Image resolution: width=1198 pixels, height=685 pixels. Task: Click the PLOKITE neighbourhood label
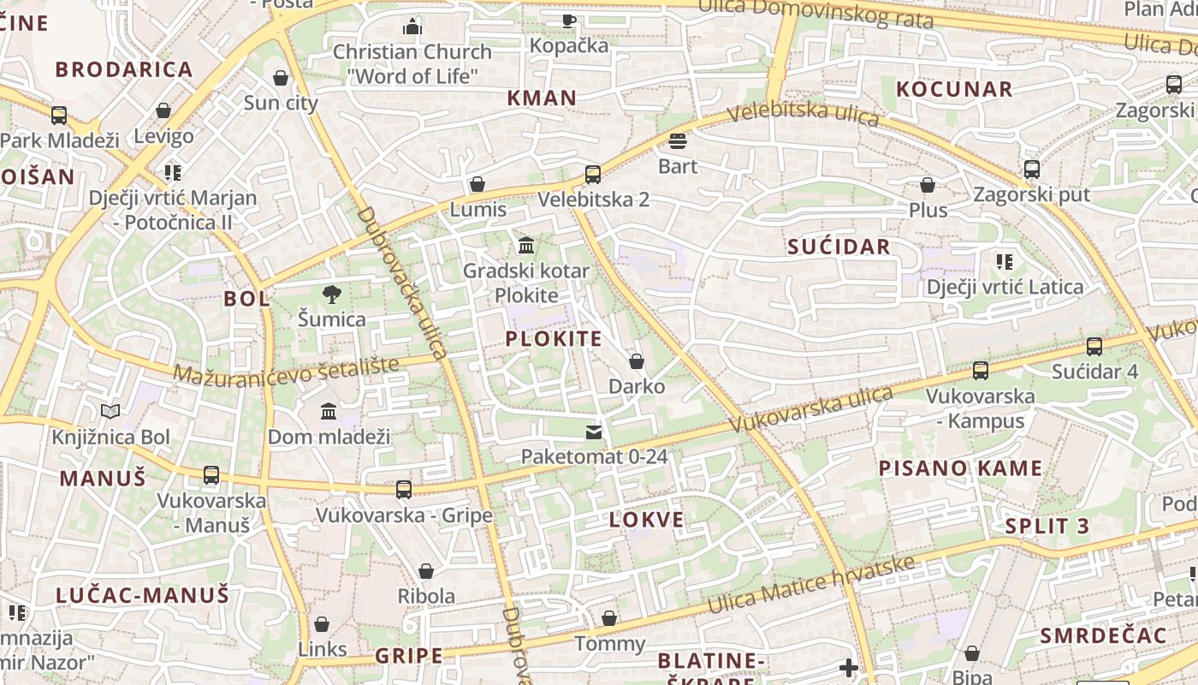554,338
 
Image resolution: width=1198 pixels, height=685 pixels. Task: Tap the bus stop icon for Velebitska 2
593,175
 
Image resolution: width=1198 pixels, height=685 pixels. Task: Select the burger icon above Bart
678,140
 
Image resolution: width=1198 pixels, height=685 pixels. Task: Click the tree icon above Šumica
331,295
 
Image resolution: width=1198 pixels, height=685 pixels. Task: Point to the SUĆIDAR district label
839,247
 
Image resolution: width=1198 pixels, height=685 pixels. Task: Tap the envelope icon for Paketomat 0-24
594,432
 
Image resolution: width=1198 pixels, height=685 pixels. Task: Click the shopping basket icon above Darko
637,361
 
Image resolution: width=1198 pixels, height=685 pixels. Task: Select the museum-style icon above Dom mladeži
329,412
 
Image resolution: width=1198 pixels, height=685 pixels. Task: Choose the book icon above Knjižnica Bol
110,412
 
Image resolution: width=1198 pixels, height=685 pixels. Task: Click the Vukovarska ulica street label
811,410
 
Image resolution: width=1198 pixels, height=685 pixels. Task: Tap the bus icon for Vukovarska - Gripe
404,490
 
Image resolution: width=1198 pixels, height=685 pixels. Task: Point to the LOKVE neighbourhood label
647,520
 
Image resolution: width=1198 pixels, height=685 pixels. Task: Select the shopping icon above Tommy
609,618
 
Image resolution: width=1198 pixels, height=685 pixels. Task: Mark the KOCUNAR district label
954,89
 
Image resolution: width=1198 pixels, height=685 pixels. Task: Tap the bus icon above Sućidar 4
1094,347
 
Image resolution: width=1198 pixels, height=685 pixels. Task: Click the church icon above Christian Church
412,27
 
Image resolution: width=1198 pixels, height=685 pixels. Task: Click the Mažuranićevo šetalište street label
286,370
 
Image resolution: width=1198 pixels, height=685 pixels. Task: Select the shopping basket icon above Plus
928,185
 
